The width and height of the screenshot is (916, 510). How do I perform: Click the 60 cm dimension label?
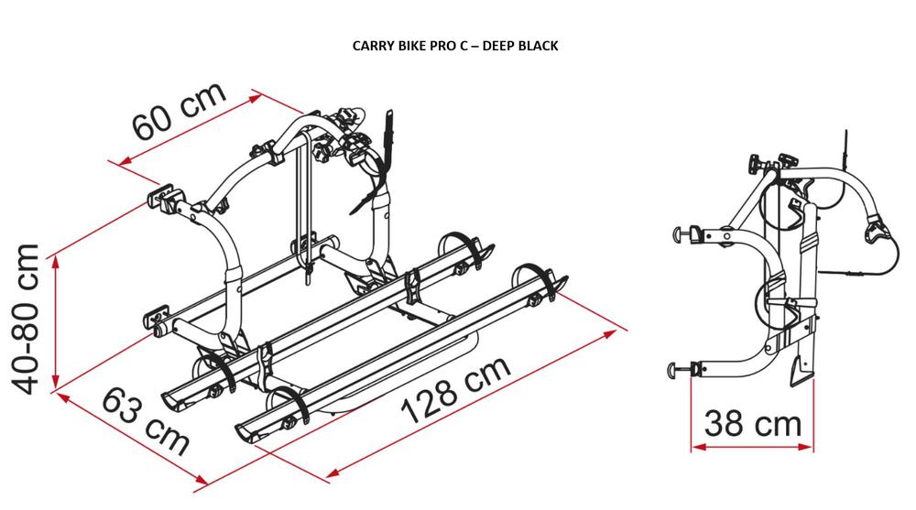pyautogui.click(x=179, y=111)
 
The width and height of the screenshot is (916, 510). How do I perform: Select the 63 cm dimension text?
pyautogui.click(x=145, y=421)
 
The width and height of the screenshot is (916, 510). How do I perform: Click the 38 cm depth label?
pyautogui.click(x=752, y=424)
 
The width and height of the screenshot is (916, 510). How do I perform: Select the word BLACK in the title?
pyautogui.click(x=538, y=46)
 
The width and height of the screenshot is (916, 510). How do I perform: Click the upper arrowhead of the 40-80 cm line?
pyautogui.click(x=56, y=261)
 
